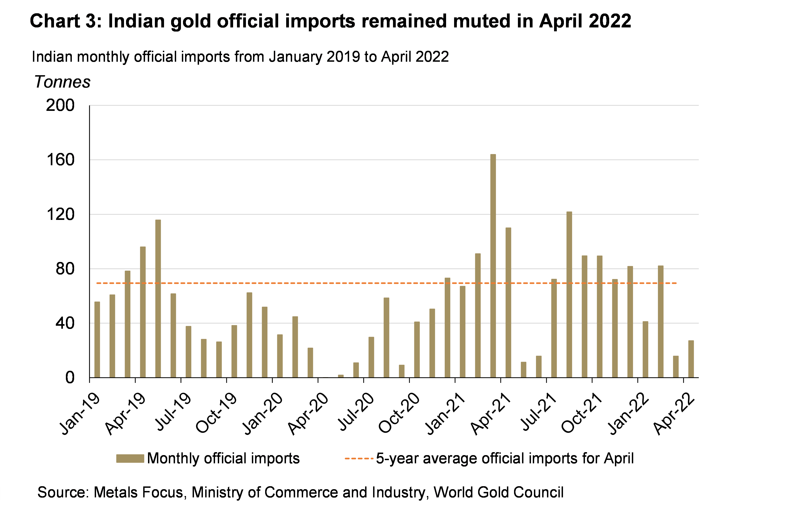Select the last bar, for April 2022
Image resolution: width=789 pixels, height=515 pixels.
691,359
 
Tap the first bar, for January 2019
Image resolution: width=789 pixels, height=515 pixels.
97,339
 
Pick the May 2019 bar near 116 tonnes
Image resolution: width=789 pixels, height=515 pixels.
158,298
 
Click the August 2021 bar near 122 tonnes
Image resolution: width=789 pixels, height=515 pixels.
569,294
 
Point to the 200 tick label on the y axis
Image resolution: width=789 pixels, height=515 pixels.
60,106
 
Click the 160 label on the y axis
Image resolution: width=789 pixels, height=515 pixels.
60,160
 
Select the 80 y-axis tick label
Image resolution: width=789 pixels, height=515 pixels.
65,269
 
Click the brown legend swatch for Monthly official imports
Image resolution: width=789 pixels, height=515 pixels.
130,458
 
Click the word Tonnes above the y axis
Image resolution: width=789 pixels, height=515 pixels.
62,82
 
